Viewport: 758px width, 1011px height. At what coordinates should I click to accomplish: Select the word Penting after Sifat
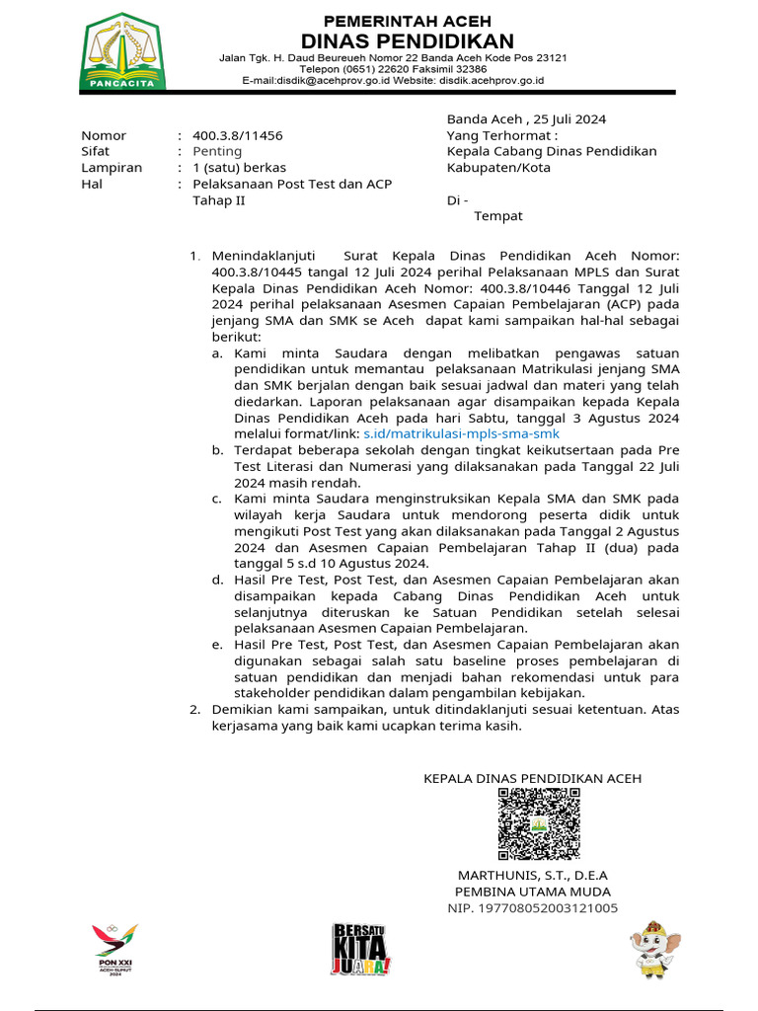coord(217,151)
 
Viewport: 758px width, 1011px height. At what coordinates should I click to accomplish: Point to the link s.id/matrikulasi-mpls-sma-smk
coord(461,433)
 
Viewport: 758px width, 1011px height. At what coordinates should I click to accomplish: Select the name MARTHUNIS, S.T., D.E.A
coord(532,876)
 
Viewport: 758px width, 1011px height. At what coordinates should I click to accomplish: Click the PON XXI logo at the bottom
coord(114,949)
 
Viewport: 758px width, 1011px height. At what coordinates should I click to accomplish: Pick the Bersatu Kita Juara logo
coord(361,949)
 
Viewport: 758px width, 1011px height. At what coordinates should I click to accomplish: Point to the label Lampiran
coord(111,168)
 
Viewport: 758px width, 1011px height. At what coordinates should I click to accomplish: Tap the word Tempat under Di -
coord(498,215)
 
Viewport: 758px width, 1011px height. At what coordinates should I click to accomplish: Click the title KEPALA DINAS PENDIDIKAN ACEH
coord(532,778)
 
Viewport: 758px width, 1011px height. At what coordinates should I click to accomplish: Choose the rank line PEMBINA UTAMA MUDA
coord(532,892)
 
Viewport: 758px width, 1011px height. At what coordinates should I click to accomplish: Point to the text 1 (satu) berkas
coord(239,168)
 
